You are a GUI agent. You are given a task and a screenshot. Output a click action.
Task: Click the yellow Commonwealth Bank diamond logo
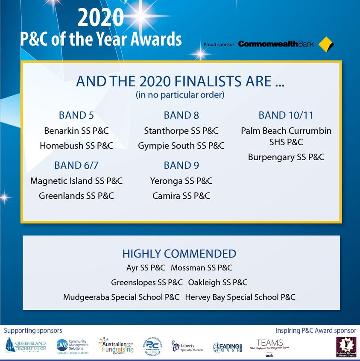[x=326, y=44]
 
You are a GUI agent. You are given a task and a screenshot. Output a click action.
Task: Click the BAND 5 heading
[x=76, y=115]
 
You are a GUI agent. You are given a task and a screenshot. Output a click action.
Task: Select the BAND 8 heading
[x=181, y=115]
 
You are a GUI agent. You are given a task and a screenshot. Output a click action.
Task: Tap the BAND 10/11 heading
[x=286, y=115]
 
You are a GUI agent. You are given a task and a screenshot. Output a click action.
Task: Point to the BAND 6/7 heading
[x=76, y=165]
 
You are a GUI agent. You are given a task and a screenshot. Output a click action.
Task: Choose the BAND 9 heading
[x=181, y=165]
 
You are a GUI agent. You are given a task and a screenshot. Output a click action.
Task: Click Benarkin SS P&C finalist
[x=76, y=131]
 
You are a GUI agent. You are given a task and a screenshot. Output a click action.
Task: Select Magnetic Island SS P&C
[x=76, y=181]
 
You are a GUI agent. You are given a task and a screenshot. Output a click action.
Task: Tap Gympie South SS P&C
[x=181, y=146]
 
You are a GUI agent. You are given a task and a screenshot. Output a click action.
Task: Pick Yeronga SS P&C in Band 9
[x=181, y=181]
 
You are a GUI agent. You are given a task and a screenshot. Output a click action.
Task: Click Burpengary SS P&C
[x=286, y=157]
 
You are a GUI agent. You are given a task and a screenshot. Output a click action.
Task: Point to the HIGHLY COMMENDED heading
[x=179, y=253]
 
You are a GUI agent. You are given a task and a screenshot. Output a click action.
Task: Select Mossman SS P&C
[x=202, y=268]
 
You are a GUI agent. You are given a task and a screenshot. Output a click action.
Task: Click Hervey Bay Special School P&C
[x=240, y=297]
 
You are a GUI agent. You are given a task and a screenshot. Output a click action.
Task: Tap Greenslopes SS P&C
[x=147, y=282]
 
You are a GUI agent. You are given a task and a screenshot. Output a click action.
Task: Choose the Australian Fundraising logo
[x=116, y=345]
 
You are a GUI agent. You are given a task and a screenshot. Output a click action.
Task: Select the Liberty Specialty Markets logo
[x=187, y=346]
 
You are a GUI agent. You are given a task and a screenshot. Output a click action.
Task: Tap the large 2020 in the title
[x=101, y=18]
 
